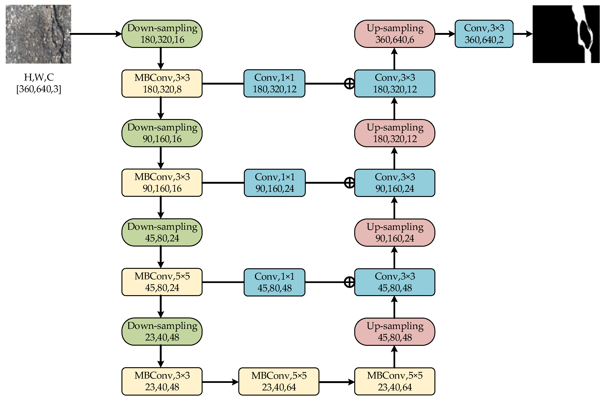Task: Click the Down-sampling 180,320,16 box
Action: (162, 34)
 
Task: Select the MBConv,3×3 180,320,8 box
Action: (162, 83)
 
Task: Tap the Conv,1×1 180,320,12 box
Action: (274, 83)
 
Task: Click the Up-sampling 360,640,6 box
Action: (394, 34)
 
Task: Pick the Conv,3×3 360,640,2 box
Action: (484, 34)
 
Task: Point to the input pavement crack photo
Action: (38, 34)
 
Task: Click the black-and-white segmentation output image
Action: (566, 34)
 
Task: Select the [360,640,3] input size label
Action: (39, 89)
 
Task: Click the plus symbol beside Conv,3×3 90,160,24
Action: (349, 183)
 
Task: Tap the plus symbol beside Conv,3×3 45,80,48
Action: (349, 282)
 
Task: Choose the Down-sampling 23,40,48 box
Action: (162, 331)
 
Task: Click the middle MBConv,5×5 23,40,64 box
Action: (279, 381)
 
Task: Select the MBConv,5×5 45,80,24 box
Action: (162, 282)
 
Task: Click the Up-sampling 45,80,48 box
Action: (394, 332)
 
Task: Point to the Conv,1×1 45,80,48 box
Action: (274, 282)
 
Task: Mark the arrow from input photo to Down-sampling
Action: (96, 34)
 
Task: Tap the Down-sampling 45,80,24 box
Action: (162, 232)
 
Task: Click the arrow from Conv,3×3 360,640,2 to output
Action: (522, 34)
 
